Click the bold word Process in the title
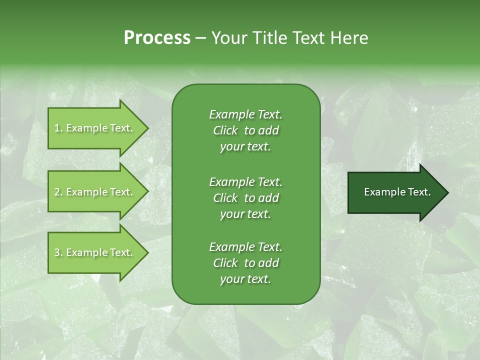click(x=157, y=38)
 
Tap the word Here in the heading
click(x=349, y=38)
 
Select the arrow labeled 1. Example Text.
click(x=95, y=128)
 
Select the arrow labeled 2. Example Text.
click(x=95, y=192)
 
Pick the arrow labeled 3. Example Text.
click(x=95, y=252)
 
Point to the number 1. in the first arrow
click(x=58, y=128)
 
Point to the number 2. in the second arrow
click(x=58, y=192)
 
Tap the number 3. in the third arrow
click(x=58, y=252)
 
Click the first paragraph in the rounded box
click(x=245, y=130)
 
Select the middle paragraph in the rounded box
click(x=245, y=197)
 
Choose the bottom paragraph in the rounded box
click(x=245, y=263)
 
